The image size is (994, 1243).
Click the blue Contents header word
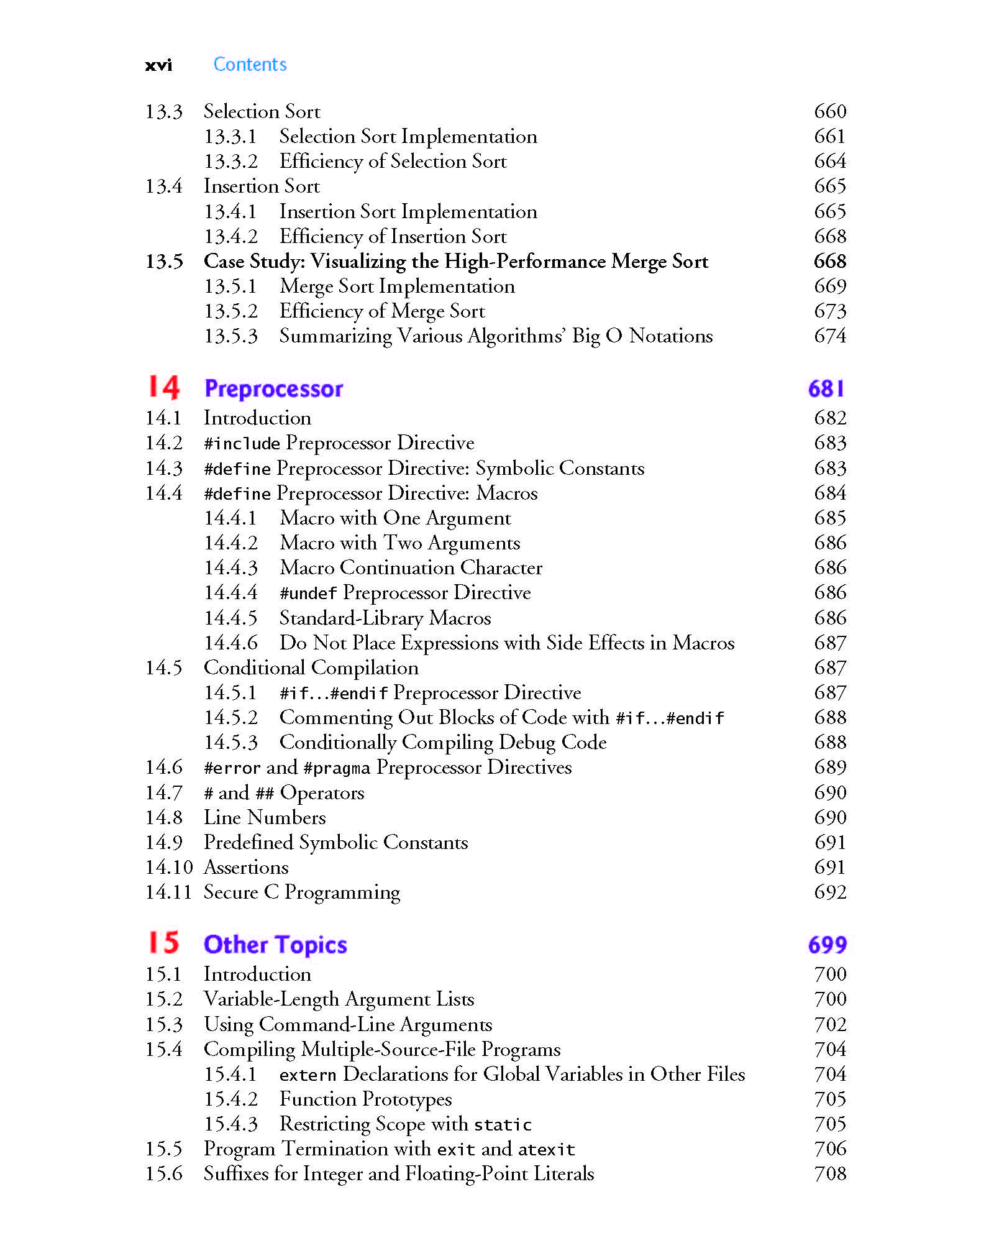250,65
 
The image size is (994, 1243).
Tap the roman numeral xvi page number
158,65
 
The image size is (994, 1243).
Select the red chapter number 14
163,387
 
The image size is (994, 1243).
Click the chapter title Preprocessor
273,389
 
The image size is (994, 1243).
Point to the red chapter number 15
163,943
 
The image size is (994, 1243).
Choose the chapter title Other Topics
275,945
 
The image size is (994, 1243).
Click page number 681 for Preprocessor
826,389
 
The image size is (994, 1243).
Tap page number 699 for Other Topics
827,945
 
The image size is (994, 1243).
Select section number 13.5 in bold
164,262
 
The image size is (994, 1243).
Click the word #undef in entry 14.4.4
308,594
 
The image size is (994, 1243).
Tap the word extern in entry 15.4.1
308,1075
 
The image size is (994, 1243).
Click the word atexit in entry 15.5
546,1150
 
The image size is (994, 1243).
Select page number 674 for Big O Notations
830,336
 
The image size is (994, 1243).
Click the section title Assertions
246,868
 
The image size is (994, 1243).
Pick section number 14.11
168,892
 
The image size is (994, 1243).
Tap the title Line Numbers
265,818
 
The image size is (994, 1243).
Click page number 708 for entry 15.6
830,1174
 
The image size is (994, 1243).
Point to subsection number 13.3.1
230,137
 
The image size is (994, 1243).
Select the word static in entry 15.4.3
503,1125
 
